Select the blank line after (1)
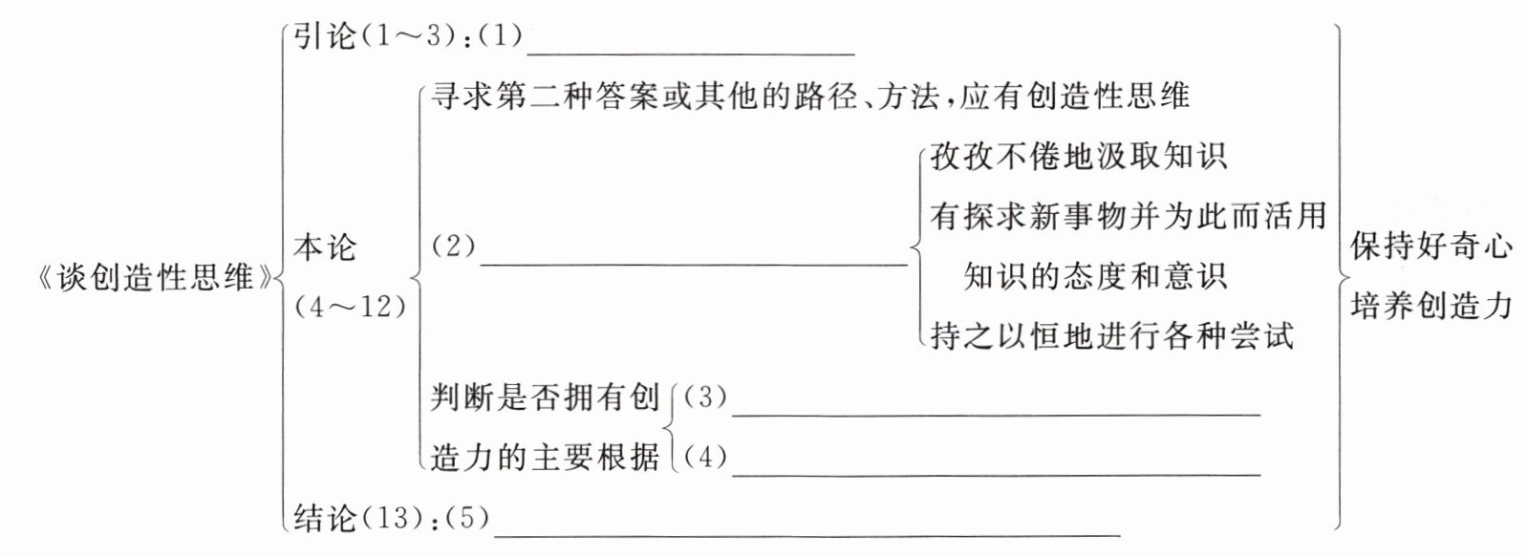[x=690, y=53]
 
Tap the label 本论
[x=325, y=247]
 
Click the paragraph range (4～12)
[x=351, y=307]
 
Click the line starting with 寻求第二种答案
[x=809, y=96]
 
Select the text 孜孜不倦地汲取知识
[x=1079, y=157]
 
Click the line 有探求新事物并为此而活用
[x=1128, y=216]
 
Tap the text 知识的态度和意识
[x=1094, y=276]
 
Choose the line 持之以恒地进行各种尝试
[x=1111, y=336]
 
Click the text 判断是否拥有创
[x=545, y=396]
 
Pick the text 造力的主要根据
[x=545, y=457]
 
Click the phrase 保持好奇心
[x=1431, y=246]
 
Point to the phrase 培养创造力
[x=1431, y=306]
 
